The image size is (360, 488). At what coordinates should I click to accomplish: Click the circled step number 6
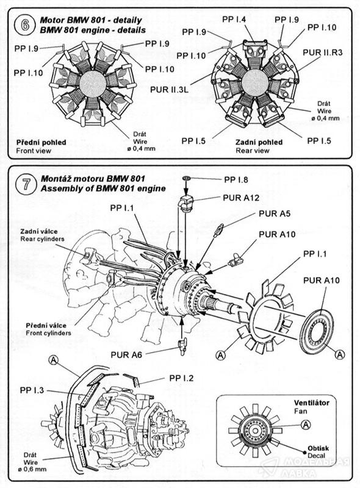[24, 25]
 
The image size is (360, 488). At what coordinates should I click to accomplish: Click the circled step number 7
[26, 184]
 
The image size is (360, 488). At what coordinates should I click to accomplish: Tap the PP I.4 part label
[234, 20]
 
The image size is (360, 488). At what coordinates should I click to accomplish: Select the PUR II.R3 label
[322, 52]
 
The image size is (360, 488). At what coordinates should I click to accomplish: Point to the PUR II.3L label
[169, 90]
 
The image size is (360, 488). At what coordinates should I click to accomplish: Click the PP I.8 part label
[236, 179]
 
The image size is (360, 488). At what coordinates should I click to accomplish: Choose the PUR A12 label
[241, 198]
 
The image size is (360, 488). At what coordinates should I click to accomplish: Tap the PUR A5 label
[275, 214]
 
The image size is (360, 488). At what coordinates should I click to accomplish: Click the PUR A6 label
[126, 354]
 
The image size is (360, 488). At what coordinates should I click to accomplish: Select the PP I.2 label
[181, 378]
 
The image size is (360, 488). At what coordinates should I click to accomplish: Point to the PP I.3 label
[32, 390]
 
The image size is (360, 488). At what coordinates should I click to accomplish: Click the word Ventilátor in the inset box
[311, 403]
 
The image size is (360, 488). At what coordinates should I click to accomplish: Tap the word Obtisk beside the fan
[318, 448]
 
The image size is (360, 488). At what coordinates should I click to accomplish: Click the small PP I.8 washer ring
[186, 178]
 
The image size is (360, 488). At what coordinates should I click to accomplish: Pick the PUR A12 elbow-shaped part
[185, 204]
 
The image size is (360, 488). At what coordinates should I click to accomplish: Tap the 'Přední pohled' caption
[41, 143]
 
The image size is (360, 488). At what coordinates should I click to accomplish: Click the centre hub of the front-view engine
[93, 84]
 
